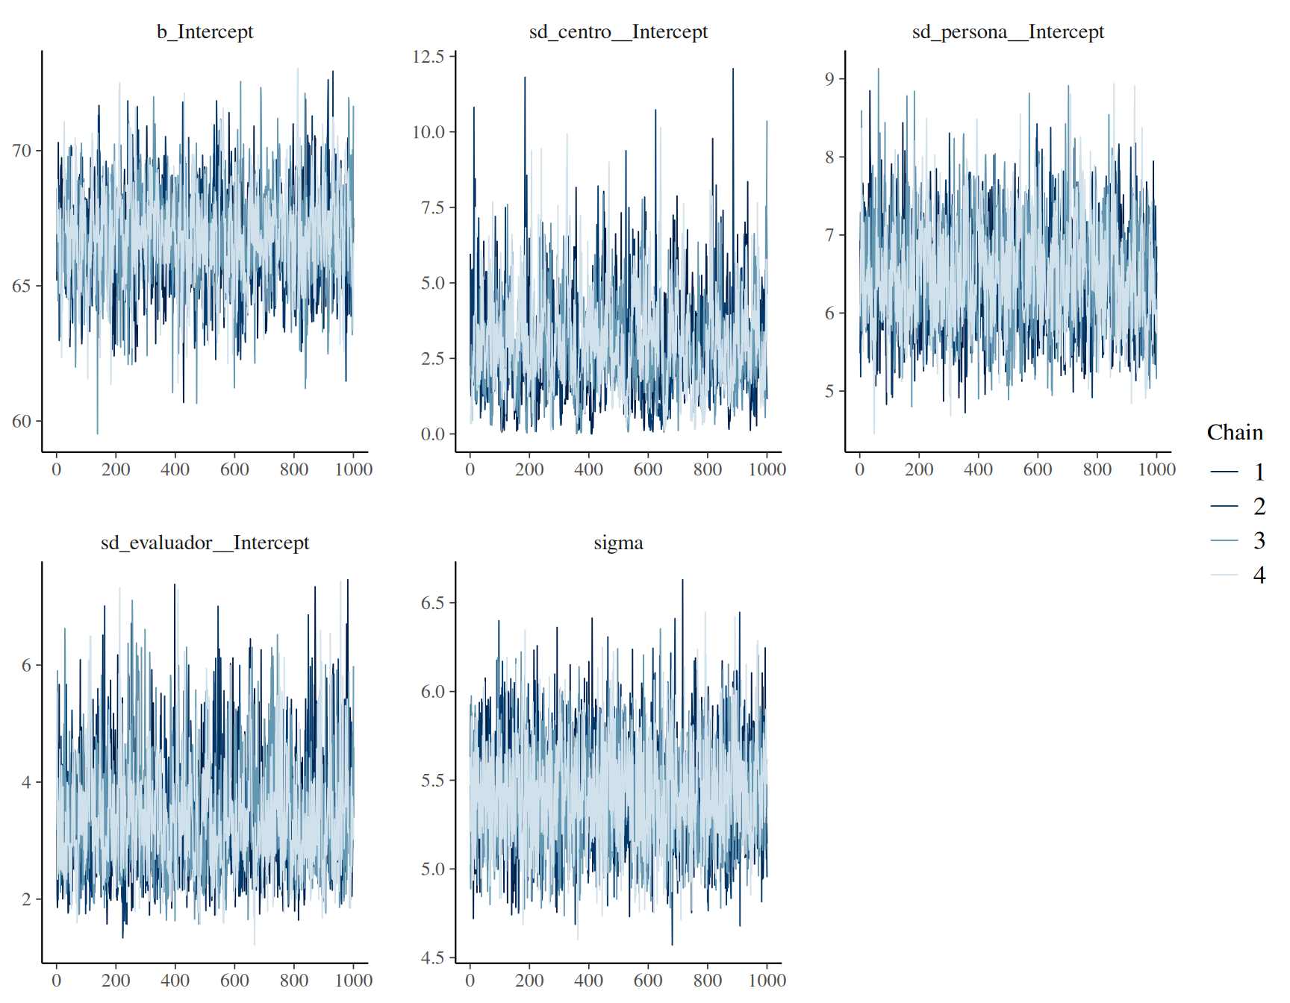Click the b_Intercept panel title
point(205,32)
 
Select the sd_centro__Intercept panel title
point(618,32)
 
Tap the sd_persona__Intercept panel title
point(1008,32)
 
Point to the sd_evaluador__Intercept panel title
point(205,543)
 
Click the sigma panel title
point(618,543)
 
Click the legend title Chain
point(1235,433)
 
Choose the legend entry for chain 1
point(1238,472)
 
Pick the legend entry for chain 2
point(1238,506)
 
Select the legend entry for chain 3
point(1238,540)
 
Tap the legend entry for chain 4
point(1238,575)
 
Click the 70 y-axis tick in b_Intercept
point(22,151)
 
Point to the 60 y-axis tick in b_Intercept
point(22,421)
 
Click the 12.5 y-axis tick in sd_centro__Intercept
point(429,57)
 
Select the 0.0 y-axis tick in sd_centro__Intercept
point(433,434)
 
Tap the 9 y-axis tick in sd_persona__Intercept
point(830,79)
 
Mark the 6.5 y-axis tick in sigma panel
point(433,603)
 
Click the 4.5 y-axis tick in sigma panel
point(433,957)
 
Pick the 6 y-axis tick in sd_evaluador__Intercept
point(27,665)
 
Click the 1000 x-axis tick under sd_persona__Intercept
point(1156,469)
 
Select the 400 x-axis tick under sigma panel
point(588,980)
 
